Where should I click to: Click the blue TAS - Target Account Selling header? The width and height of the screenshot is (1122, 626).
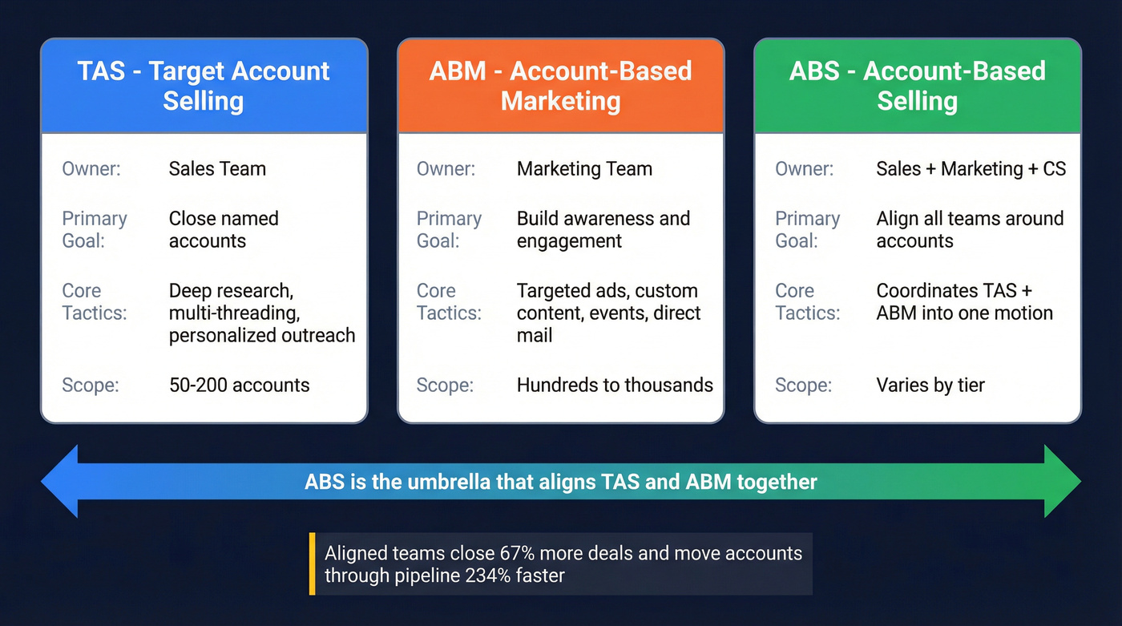[x=204, y=86]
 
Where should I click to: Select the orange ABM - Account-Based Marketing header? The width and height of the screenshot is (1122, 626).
[x=560, y=86]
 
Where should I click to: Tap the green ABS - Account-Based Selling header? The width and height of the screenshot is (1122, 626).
[x=917, y=86]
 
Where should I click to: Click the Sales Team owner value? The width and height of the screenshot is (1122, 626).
[x=217, y=169]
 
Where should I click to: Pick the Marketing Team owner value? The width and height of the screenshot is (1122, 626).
[x=584, y=169]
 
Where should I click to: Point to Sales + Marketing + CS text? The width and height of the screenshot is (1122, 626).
[x=971, y=169]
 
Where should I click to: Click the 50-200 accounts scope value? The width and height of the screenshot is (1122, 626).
[x=239, y=385]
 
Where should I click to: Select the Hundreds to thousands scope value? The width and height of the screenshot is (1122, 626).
[x=615, y=385]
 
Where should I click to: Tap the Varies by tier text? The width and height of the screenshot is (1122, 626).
[x=930, y=385]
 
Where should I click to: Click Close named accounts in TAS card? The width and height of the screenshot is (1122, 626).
[x=224, y=230]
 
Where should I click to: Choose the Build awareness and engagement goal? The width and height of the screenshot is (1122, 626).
[x=603, y=230]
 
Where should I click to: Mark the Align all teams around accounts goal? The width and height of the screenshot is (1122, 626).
[x=970, y=230]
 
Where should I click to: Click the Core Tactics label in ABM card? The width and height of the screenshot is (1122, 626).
[x=449, y=301]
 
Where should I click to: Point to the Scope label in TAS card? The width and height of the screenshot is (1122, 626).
[x=90, y=385]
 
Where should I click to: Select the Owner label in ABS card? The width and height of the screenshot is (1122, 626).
[x=804, y=169]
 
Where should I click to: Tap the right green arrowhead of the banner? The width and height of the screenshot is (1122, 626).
[x=1062, y=482]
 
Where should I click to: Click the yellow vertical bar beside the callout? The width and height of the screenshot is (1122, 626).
[x=312, y=563]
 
